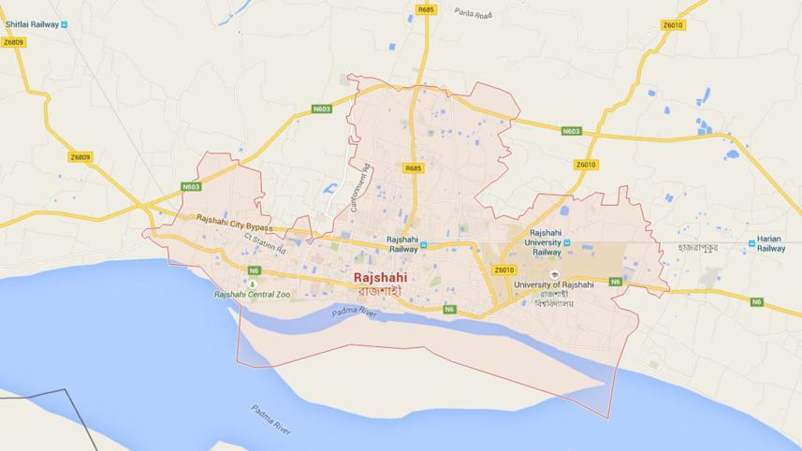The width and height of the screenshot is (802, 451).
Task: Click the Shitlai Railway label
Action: pyautogui.click(x=30, y=24)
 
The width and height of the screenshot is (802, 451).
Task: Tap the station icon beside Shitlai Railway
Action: pyautogui.click(x=64, y=24)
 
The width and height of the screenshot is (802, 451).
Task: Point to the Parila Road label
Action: pyautogui.click(x=473, y=13)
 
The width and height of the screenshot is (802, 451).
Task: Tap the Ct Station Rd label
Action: pyautogui.click(x=265, y=243)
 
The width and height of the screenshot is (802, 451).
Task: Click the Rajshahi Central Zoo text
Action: pyautogui.click(x=252, y=295)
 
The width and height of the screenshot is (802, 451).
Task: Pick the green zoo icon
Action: pyautogui.click(x=252, y=284)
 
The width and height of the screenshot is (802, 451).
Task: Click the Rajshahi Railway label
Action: pyautogui.click(x=402, y=244)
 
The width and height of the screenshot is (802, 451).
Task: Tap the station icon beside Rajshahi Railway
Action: pyautogui.click(x=423, y=245)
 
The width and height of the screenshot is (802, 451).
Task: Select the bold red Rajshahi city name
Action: pyautogui.click(x=381, y=277)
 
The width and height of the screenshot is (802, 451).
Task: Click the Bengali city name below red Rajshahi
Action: pyautogui.click(x=381, y=291)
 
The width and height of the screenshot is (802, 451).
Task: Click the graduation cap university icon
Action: pyautogui.click(x=554, y=274)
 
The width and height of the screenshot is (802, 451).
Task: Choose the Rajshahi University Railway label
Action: pyautogui.click(x=547, y=241)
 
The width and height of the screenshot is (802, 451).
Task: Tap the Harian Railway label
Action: pyautogui.click(x=771, y=243)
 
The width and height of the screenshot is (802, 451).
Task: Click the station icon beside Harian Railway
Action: pyautogui.click(x=751, y=243)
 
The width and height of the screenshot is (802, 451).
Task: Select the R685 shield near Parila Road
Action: pyautogui.click(x=427, y=9)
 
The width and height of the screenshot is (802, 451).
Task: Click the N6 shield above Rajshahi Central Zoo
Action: pyautogui.click(x=254, y=270)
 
